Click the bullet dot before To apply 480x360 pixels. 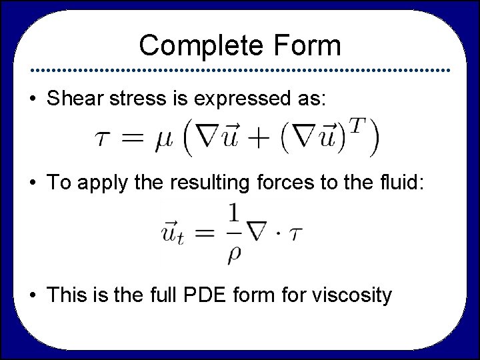(32, 183)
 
